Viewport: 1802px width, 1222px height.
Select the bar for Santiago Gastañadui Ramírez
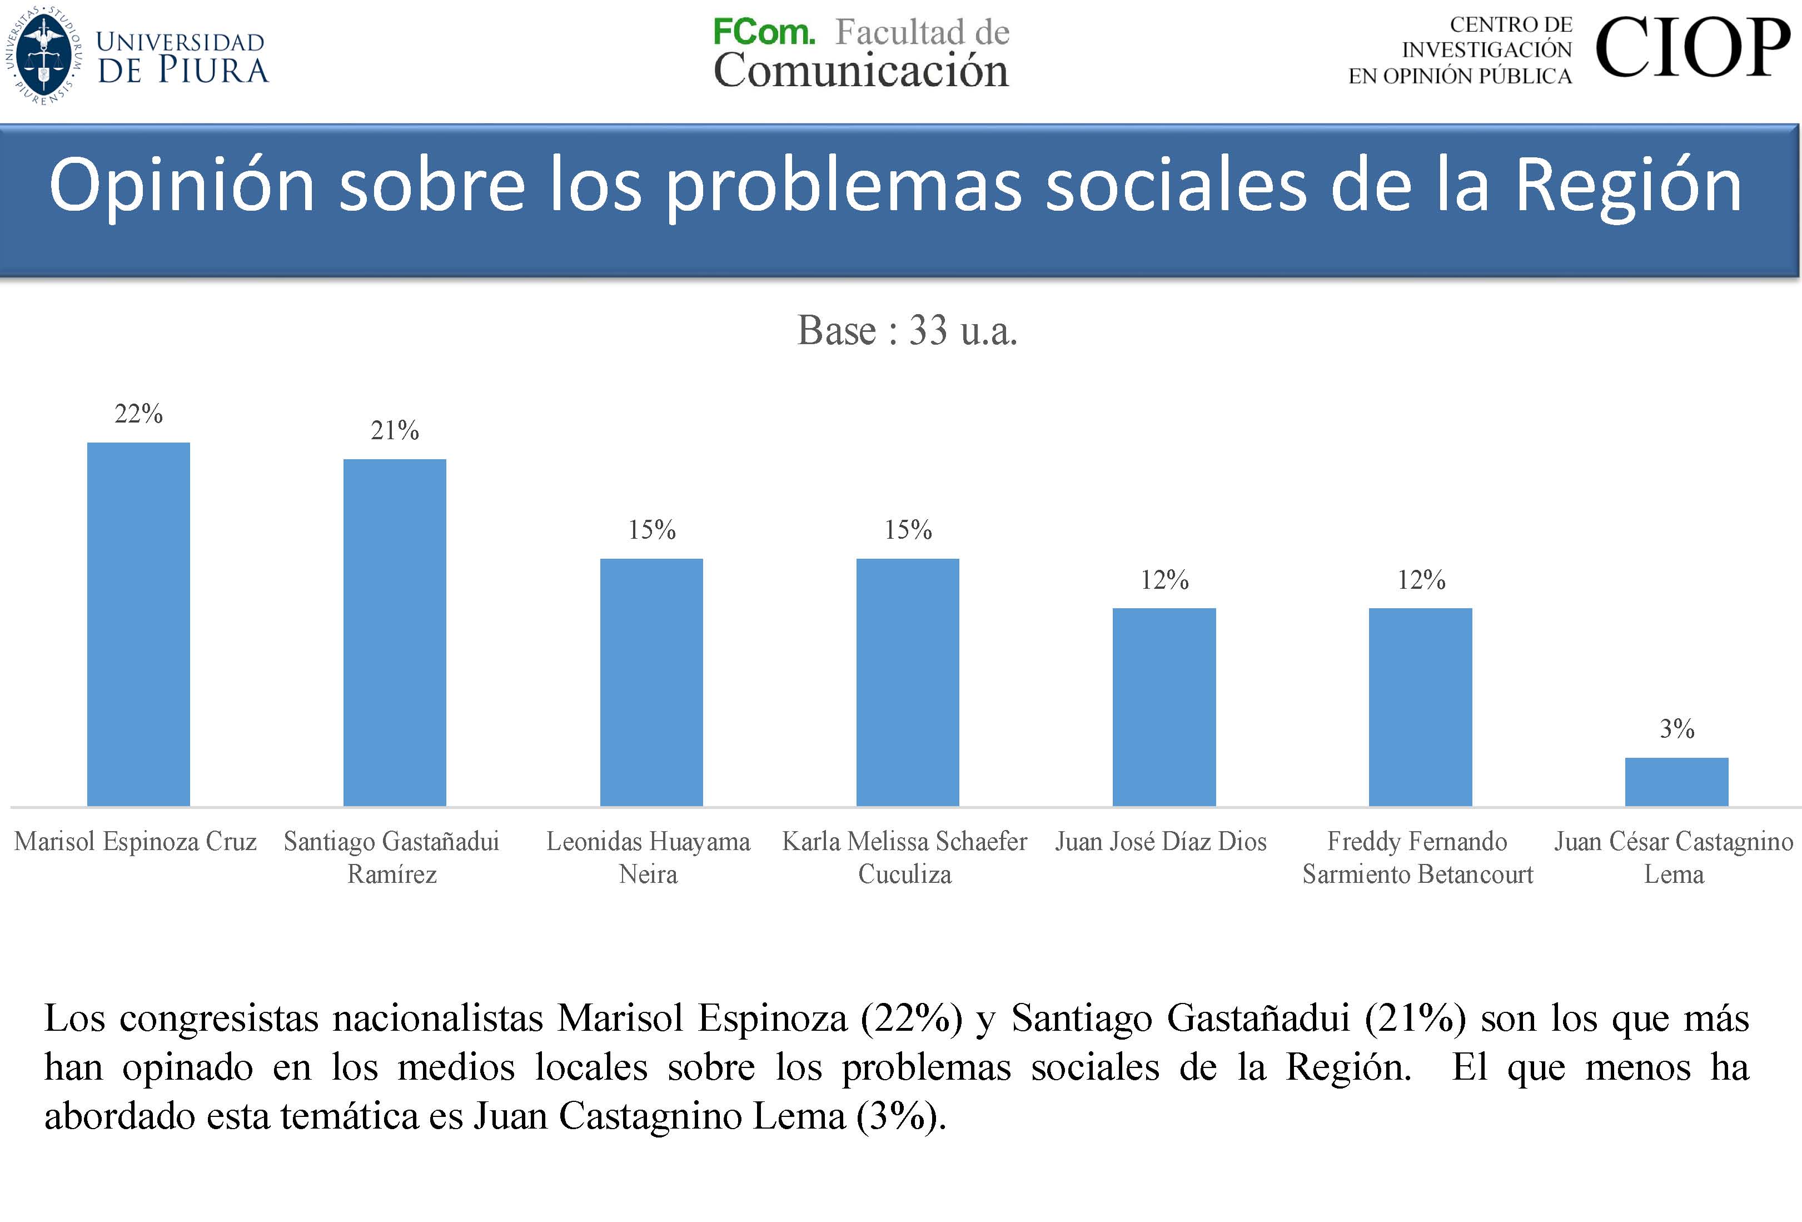tap(395, 632)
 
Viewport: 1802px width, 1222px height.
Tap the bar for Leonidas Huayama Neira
tap(651, 682)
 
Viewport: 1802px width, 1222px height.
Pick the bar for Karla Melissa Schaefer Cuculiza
tap(907, 682)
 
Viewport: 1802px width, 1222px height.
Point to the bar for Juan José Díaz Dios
tap(1164, 707)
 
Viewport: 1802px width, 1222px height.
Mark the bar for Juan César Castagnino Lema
tap(1676, 782)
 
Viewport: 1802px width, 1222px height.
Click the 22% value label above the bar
tap(139, 414)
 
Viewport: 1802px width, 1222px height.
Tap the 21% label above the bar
tap(395, 430)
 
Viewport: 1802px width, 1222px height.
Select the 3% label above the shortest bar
tap(1676, 729)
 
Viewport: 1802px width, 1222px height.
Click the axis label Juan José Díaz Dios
tap(1161, 841)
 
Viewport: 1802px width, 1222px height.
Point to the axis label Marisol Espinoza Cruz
tap(136, 841)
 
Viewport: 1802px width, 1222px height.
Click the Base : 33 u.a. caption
tap(907, 330)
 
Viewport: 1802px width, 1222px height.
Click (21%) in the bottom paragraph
tap(1415, 1017)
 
